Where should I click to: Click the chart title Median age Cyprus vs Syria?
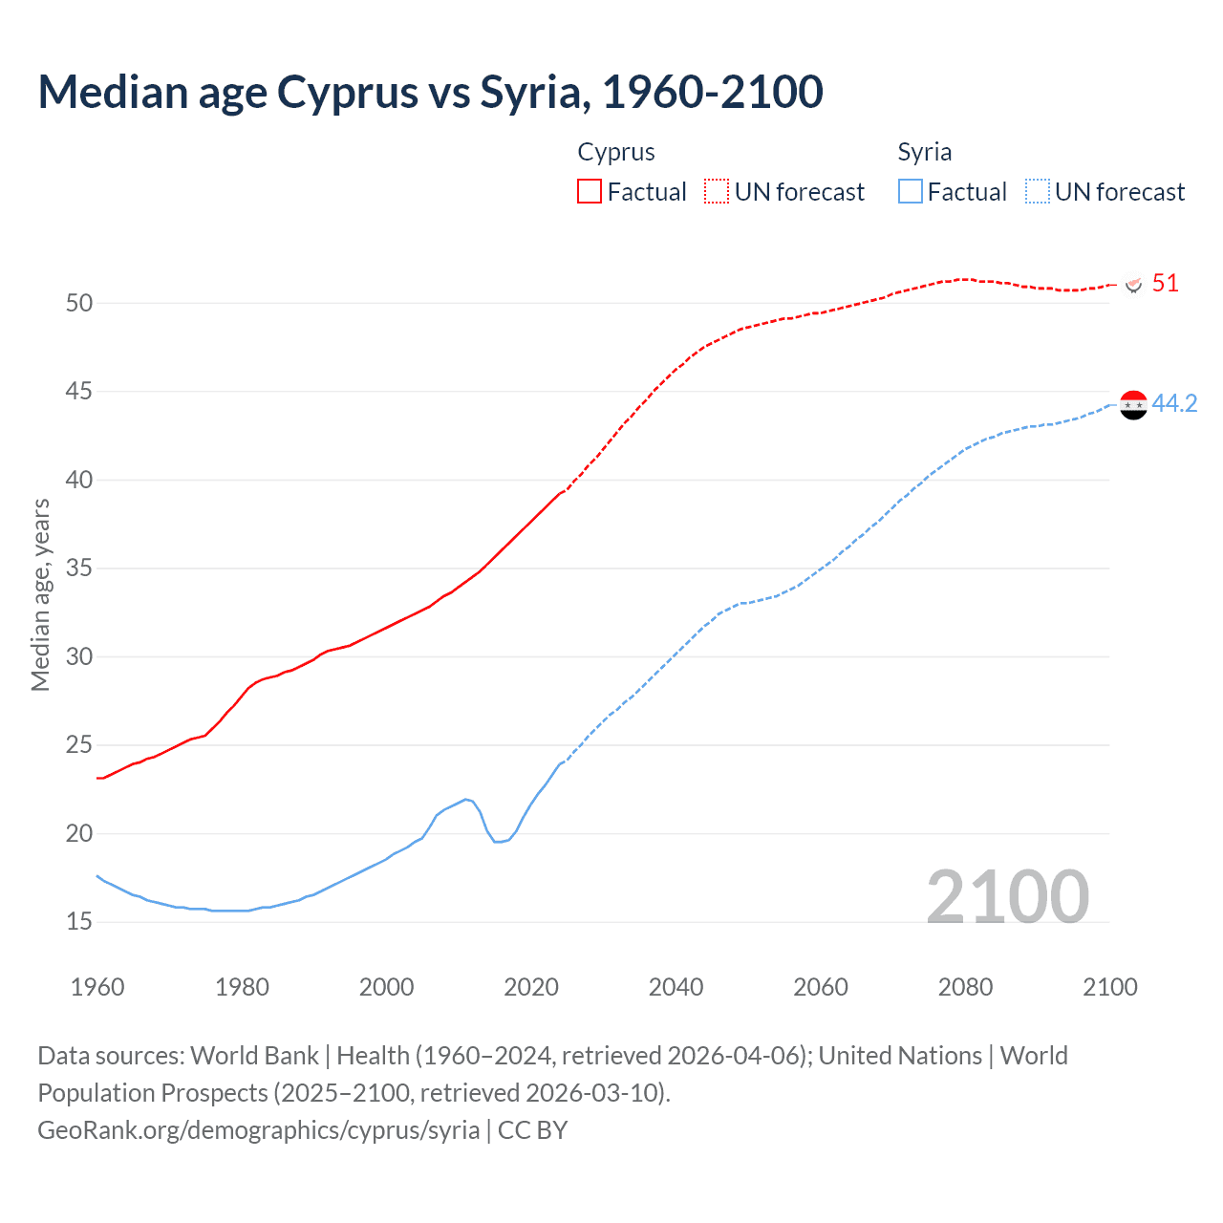(x=430, y=92)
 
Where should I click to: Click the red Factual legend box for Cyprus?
(x=590, y=191)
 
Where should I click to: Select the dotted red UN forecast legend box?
(x=717, y=191)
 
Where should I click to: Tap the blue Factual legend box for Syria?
(x=911, y=191)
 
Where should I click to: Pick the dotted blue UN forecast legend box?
(x=1038, y=191)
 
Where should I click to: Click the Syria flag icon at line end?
(x=1133, y=405)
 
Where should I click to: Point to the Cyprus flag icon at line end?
(x=1134, y=285)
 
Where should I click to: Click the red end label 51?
(x=1165, y=284)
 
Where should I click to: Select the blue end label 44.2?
(x=1174, y=404)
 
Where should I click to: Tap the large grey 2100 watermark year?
(x=1007, y=896)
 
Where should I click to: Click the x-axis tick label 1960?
(x=97, y=987)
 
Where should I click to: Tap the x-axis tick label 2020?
(x=531, y=987)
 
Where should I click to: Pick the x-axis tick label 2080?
(x=965, y=987)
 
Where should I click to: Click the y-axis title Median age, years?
(x=40, y=594)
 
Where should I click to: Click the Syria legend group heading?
(x=924, y=152)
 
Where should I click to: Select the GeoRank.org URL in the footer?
(x=258, y=1130)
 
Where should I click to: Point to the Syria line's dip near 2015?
(x=497, y=841)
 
